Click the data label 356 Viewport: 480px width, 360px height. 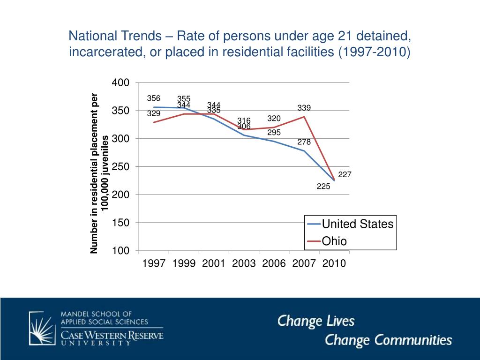click(154, 98)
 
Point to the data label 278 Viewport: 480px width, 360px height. click(304, 142)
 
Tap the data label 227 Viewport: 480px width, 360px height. click(345, 175)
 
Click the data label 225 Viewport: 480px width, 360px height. click(323, 186)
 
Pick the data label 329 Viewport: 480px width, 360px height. click(154, 113)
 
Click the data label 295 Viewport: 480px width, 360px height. click(274, 133)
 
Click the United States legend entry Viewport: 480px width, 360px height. click(357, 224)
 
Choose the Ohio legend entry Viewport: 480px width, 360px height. click(334, 241)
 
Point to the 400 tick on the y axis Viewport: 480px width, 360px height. click(120, 83)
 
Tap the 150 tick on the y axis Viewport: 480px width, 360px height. click(120, 223)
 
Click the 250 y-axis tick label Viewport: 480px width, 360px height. click(120, 167)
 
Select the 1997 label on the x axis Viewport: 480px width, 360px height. click(154, 263)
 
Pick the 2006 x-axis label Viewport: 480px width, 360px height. click(274, 263)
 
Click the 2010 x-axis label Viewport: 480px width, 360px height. click(334, 263)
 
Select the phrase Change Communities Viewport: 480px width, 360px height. click(389, 340)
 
